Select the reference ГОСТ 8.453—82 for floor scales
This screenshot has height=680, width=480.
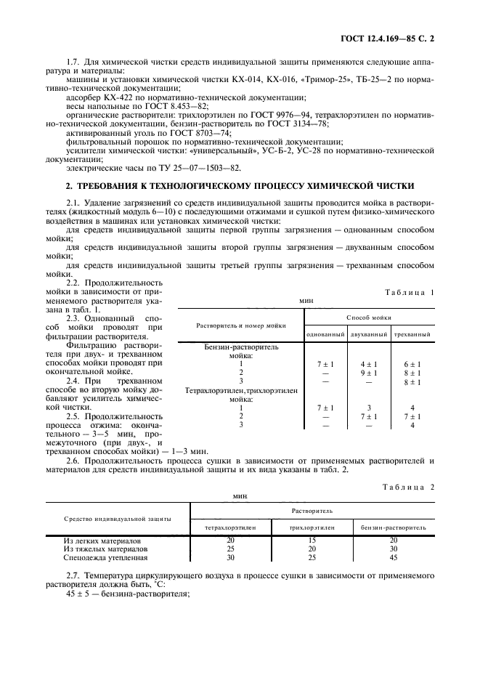[151, 105]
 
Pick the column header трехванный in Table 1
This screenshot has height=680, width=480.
[412, 334]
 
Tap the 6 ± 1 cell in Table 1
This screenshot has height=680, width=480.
[412, 363]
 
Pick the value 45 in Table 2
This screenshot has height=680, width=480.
[394, 557]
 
